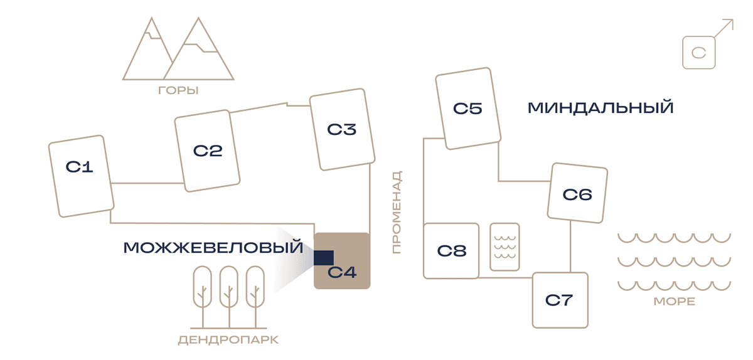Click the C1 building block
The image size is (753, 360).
(82, 176)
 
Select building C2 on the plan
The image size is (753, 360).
(207, 151)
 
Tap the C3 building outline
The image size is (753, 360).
(342, 129)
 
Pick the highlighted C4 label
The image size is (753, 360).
(342, 272)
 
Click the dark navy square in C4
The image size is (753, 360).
(324, 258)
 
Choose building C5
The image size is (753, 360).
(468, 109)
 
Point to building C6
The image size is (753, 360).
(577, 193)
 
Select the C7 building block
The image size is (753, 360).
(560, 300)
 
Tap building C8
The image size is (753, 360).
(451, 251)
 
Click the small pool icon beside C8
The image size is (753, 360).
(505, 246)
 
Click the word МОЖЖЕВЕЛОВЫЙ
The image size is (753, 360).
(213, 247)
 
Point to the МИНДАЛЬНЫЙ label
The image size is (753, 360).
(601, 108)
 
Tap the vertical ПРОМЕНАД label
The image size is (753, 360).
(397, 212)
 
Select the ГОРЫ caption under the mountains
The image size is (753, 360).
(178, 90)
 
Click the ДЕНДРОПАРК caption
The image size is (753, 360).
(228, 340)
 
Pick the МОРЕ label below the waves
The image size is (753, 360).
(675, 301)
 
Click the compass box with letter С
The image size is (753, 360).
(699, 53)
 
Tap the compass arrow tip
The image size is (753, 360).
(733, 19)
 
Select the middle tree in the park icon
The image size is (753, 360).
(229, 297)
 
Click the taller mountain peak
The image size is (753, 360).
(198, 19)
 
